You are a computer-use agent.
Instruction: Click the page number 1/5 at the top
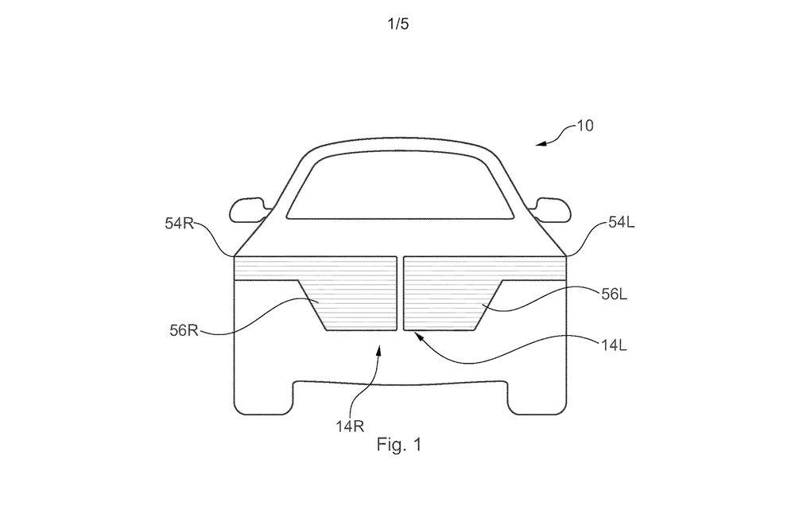(x=398, y=24)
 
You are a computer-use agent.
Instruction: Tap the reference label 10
(x=584, y=126)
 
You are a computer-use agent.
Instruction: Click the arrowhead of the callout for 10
(x=541, y=144)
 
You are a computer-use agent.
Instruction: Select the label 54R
(x=180, y=224)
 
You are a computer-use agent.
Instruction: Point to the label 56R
(x=184, y=330)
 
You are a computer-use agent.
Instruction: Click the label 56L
(x=615, y=294)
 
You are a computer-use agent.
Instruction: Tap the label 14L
(x=615, y=345)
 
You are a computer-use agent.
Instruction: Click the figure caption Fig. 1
(x=398, y=445)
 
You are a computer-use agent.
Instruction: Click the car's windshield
(x=400, y=185)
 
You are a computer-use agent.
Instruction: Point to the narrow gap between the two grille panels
(x=400, y=294)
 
